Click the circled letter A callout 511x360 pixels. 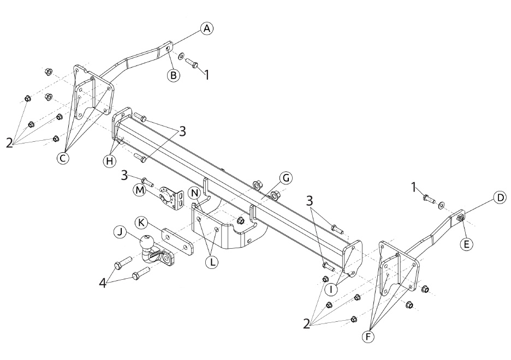(x=206, y=29)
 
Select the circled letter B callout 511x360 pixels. (x=174, y=75)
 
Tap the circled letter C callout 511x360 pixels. (x=63, y=158)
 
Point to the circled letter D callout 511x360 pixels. (x=500, y=197)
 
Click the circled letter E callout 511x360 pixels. (x=466, y=244)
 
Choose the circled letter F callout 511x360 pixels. (x=369, y=337)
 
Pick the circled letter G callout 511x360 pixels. (x=286, y=178)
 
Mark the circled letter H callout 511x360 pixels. (x=110, y=160)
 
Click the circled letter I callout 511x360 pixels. (x=331, y=289)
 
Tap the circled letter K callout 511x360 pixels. (x=141, y=223)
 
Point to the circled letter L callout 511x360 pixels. (x=212, y=262)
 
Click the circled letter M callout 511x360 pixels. (x=140, y=190)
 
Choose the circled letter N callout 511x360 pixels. (x=195, y=193)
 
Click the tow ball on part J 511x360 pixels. (x=147, y=242)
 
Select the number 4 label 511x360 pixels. (x=103, y=284)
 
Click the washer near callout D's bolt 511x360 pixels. (x=441, y=205)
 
